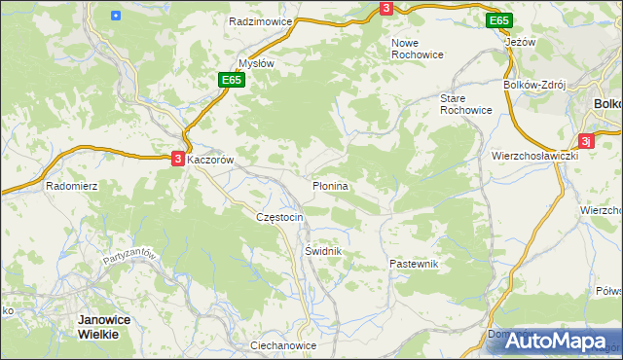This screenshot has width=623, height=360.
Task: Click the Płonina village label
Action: (x=330, y=185)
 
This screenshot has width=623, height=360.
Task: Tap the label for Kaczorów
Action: (x=212, y=159)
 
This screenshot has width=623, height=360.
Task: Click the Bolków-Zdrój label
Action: (x=533, y=86)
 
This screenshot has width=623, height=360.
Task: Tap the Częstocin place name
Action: (x=279, y=217)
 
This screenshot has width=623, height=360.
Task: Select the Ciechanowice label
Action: (x=283, y=345)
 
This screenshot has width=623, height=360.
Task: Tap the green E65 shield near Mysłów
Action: (x=230, y=81)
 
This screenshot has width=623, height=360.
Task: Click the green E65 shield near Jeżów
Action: (x=498, y=20)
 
